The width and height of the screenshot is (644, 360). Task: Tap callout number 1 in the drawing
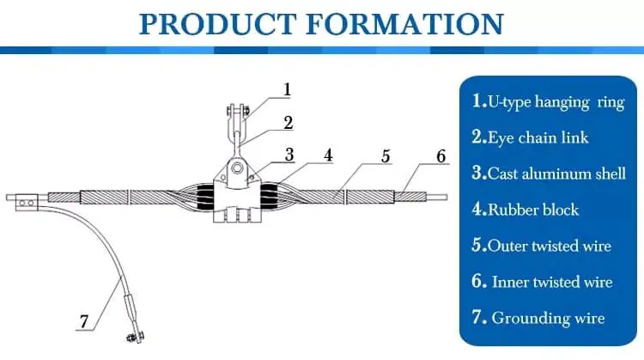288,89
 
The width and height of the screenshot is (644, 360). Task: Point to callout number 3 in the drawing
289,155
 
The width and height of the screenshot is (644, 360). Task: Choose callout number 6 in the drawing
440,156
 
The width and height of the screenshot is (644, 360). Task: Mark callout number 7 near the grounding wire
83,323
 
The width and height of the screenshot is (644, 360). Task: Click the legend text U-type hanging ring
556,101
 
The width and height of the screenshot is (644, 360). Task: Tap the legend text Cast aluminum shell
556,174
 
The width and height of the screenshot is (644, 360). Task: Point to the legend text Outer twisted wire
549,246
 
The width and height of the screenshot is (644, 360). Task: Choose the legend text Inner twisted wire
551,282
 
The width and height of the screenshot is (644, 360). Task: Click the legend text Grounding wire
547,318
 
